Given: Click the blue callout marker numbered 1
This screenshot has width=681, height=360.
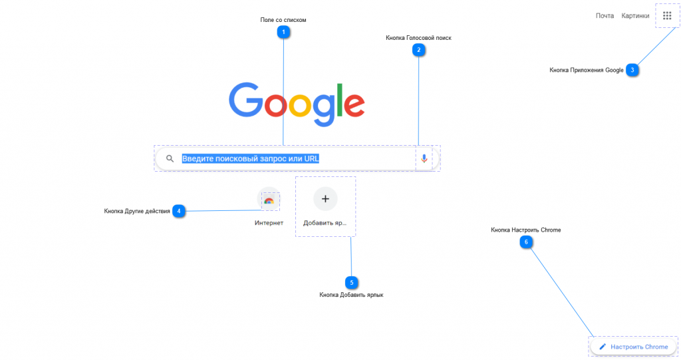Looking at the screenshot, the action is [x=283, y=32].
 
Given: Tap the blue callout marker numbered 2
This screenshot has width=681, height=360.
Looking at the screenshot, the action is [x=419, y=49].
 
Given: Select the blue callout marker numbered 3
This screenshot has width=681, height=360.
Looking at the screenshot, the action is [x=632, y=70].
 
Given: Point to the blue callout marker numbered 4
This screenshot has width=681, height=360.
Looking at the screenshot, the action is [x=178, y=211].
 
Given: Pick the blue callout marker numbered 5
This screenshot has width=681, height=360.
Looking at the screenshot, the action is [x=351, y=283].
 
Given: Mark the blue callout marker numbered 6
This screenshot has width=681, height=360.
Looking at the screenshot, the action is [x=526, y=242].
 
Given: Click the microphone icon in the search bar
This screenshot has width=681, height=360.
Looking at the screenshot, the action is [x=424, y=158].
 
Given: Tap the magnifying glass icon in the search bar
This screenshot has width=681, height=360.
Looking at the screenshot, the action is [x=170, y=158].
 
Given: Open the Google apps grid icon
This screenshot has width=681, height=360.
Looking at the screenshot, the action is [x=667, y=16].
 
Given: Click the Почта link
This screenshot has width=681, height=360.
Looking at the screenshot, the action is [x=605, y=16].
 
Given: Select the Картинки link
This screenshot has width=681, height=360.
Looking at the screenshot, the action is [x=635, y=16].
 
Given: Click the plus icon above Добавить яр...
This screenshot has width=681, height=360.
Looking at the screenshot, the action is [x=325, y=199].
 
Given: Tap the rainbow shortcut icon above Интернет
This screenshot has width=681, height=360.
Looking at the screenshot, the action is [x=269, y=200].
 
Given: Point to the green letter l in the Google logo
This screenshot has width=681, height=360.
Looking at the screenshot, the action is [x=340, y=100].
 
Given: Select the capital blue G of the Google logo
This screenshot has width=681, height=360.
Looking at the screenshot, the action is [x=246, y=100].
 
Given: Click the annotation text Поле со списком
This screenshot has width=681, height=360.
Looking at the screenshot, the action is [x=283, y=20].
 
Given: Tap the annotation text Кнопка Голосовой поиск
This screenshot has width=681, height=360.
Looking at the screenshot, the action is [x=419, y=38].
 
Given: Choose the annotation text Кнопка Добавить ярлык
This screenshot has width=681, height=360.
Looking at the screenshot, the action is [x=351, y=295].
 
